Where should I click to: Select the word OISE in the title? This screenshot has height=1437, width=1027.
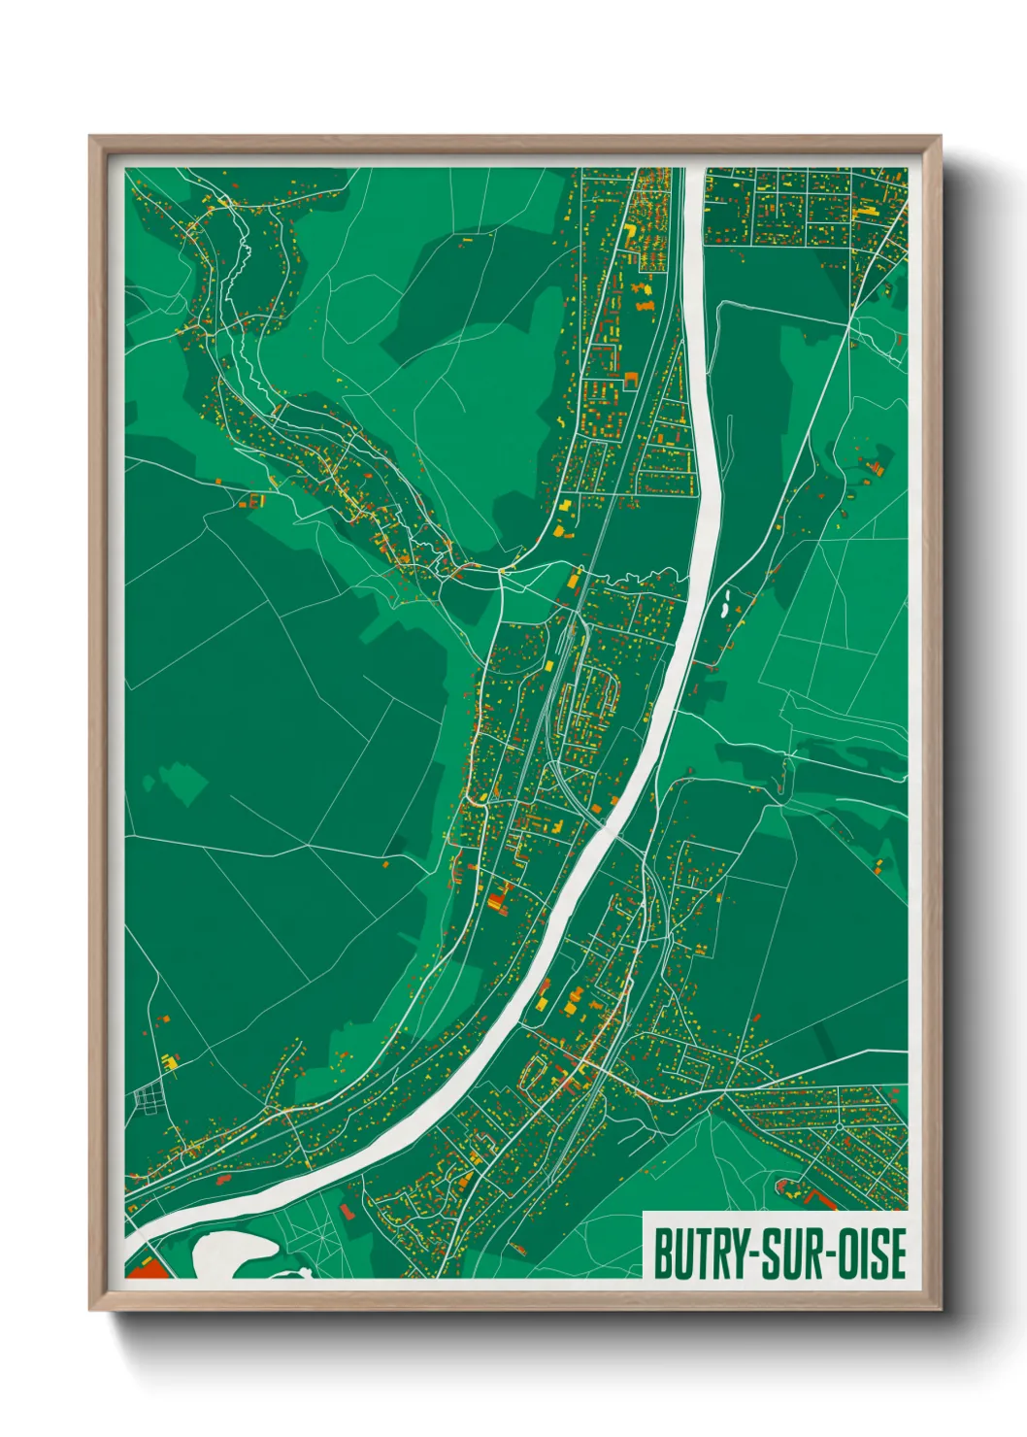point(868,1253)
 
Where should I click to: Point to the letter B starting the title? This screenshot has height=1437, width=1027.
point(662,1253)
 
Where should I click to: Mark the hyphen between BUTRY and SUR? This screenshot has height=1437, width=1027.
point(747,1255)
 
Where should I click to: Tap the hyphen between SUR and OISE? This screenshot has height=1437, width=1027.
point(821,1255)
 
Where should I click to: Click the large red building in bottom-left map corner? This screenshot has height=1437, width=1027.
point(146,1269)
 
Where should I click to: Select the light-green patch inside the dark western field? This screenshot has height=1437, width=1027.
point(182,783)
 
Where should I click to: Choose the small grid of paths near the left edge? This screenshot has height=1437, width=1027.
point(149,1098)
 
